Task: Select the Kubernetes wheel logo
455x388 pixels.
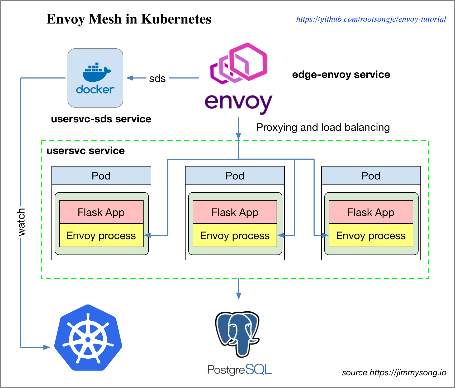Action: tap(88, 339)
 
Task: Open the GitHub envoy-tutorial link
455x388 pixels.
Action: tap(371, 19)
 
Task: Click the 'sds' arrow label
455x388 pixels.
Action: tap(157, 78)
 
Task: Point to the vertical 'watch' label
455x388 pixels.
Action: tap(21, 222)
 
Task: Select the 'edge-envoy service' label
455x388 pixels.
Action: tap(341, 75)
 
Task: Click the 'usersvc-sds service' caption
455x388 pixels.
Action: tap(101, 119)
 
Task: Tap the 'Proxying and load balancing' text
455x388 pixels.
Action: tap(323, 128)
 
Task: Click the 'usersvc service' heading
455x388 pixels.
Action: tap(86, 151)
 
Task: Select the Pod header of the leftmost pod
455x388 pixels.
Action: tap(101, 176)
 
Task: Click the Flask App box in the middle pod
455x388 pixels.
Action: tap(235, 212)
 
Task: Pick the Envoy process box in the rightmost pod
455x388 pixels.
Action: tap(371, 235)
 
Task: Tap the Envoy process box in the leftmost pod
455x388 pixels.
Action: tap(101, 235)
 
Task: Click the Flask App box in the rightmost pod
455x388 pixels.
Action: tap(371, 212)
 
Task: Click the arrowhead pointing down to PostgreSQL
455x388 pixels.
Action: tap(239, 296)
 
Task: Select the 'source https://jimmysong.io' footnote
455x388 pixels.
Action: tap(394, 373)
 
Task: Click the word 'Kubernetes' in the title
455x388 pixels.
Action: tap(176, 19)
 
